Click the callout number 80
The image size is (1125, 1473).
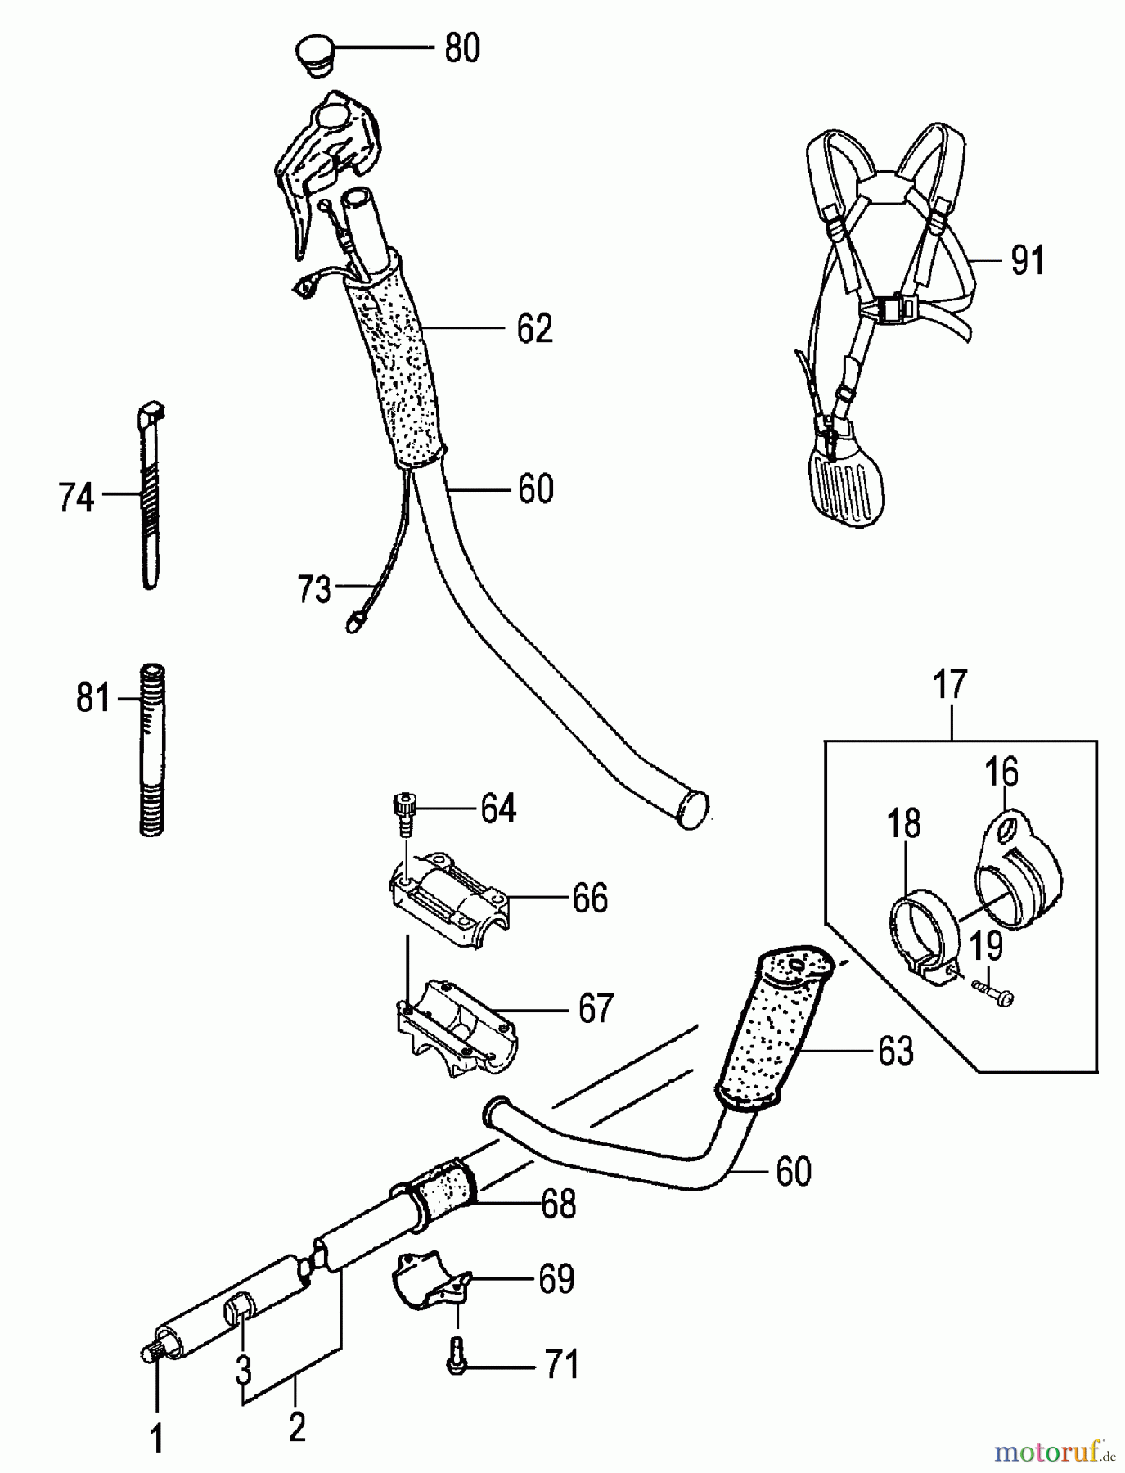point(462,49)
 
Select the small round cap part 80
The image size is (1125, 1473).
point(313,54)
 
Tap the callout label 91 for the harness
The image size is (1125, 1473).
point(1028,261)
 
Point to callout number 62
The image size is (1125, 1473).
point(534,329)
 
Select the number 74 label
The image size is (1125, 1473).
point(76,498)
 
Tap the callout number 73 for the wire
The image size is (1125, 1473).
point(314,589)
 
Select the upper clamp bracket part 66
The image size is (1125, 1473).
point(448,900)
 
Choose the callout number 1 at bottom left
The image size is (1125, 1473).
point(155,1439)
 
